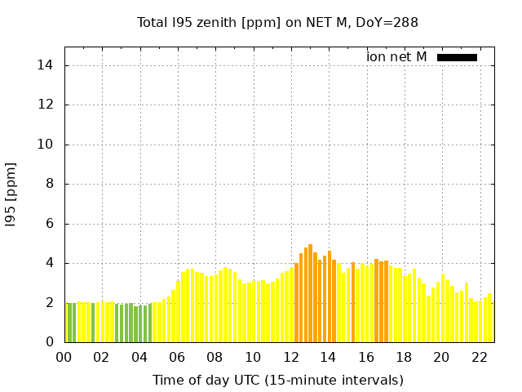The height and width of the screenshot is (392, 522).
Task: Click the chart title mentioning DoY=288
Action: [x=277, y=22]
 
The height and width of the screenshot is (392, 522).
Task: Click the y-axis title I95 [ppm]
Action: [x=11, y=194]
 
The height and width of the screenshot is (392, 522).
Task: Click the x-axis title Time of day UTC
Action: [x=277, y=380]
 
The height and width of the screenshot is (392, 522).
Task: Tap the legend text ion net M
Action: [x=396, y=57]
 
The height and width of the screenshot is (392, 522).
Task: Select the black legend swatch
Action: [x=457, y=57]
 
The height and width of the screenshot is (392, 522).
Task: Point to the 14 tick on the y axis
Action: [x=47, y=65]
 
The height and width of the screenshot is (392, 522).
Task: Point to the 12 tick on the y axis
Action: [x=47, y=105]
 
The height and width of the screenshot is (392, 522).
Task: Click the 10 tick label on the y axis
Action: [x=47, y=145]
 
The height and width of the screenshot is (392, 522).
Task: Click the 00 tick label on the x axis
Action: [x=64, y=357]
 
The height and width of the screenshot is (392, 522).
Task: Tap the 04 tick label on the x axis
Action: [x=139, y=357]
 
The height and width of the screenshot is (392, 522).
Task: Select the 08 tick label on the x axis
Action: [x=215, y=357]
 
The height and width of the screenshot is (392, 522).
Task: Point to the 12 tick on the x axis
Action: [x=290, y=357]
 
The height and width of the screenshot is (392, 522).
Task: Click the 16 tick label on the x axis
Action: [x=366, y=357]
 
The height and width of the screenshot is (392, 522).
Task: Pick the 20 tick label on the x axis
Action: [x=441, y=357]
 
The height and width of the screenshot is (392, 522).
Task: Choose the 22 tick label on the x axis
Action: [x=479, y=357]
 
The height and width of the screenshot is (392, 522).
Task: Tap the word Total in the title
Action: [x=153, y=22]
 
